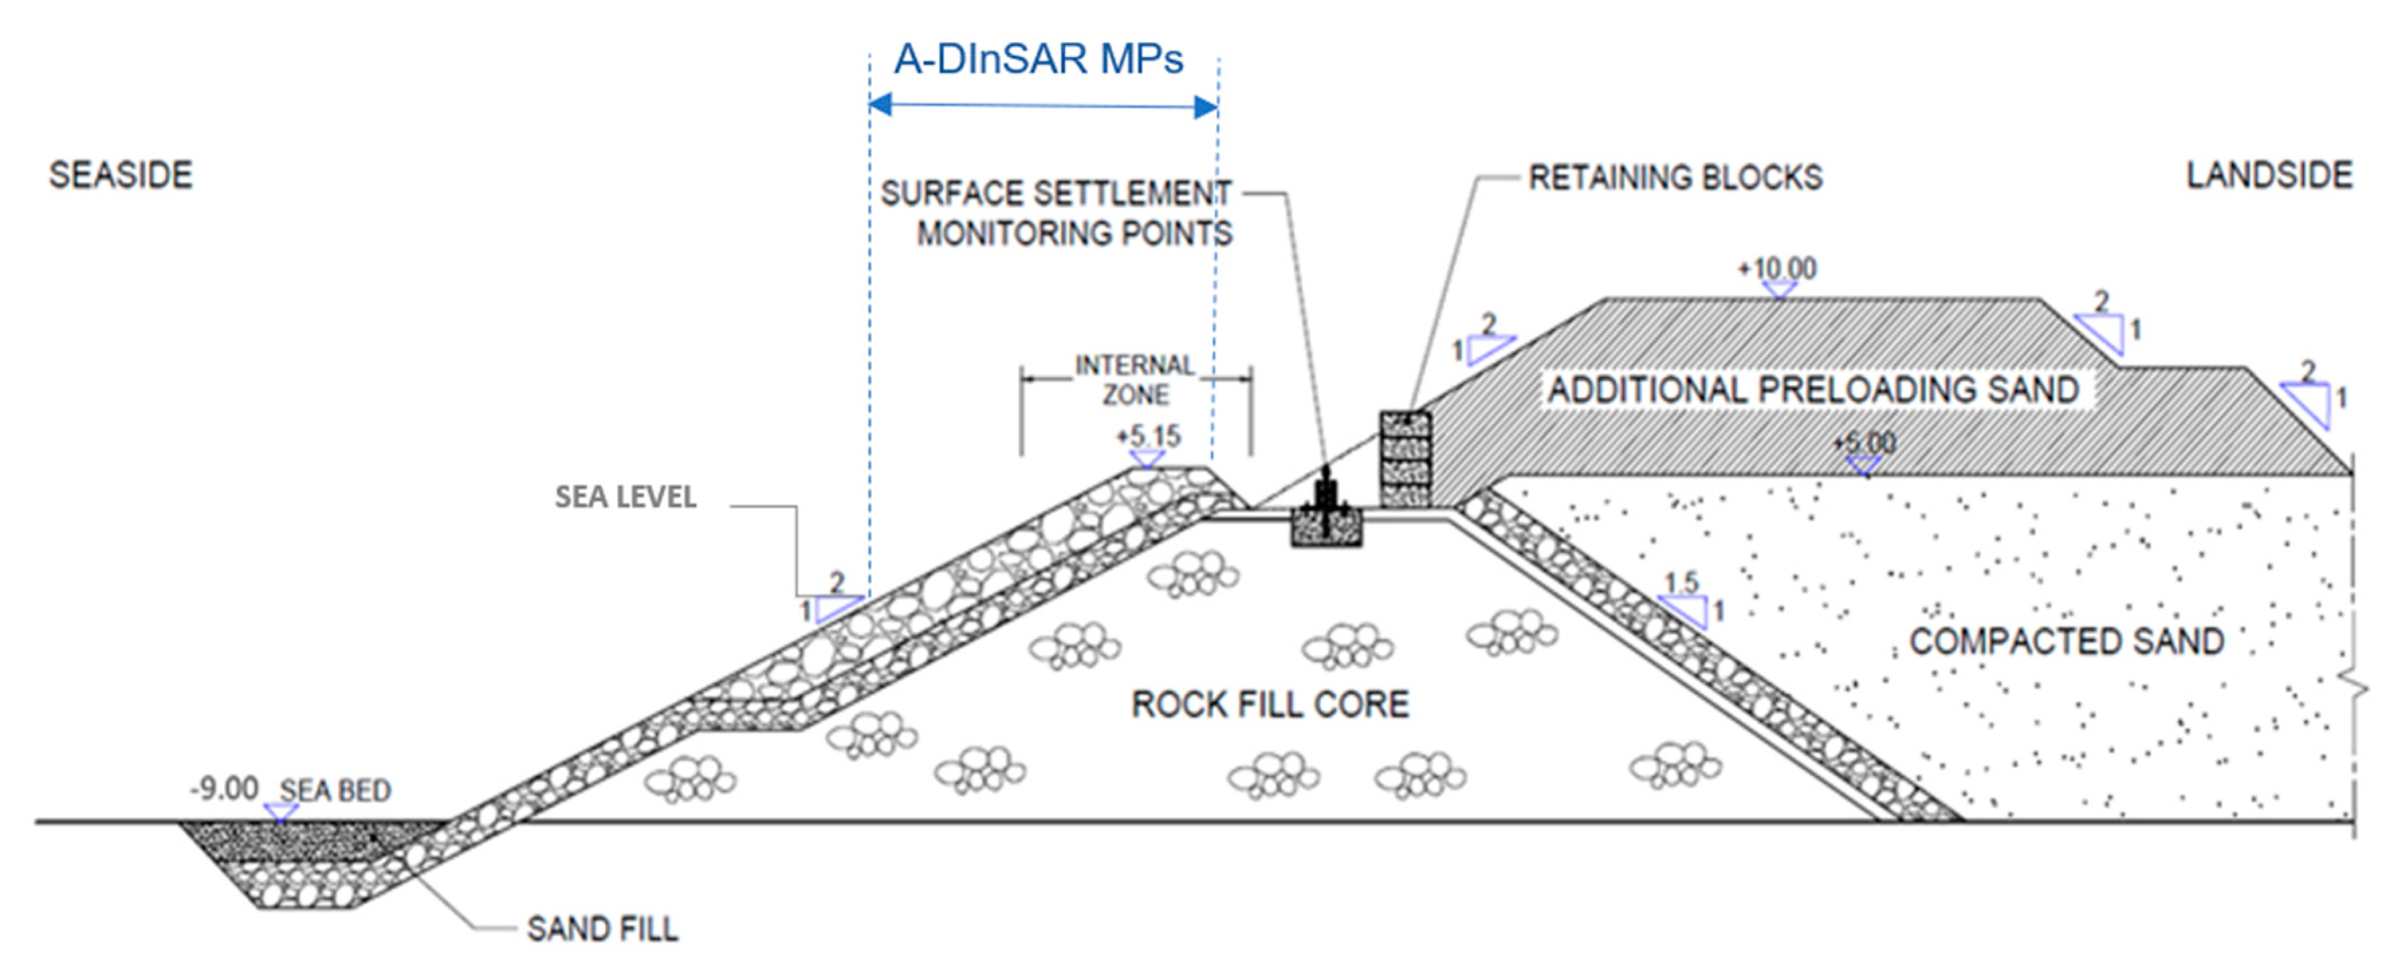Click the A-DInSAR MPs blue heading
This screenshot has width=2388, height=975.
click(x=1038, y=59)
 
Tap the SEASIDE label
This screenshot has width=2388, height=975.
click(x=121, y=175)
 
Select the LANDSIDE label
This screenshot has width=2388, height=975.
click(x=2269, y=175)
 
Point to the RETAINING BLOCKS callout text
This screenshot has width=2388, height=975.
click(x=1674, y=177)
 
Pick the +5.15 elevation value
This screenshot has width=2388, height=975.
click(x=1149, y=436)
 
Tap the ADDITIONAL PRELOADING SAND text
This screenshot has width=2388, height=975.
click(x=1814, y=389)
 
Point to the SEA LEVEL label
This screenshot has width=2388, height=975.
click(x=626, y=498)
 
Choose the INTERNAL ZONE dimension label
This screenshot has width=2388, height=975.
click(x=1135, y=380)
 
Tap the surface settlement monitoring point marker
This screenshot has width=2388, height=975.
click(x=1326, y=514)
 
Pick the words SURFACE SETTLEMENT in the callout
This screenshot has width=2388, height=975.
click(x=1055, y=194)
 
